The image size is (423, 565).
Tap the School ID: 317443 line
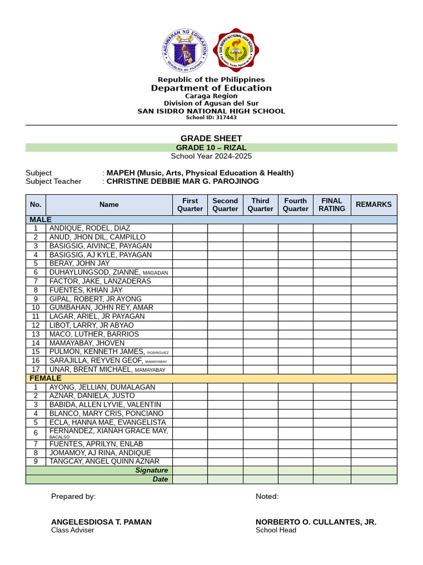point(211,118)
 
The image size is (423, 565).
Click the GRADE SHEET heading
point(211,138)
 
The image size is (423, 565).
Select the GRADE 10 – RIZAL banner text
point(211,147)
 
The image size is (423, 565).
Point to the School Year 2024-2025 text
point(211,156)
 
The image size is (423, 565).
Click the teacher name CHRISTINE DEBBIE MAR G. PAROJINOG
point(182,181)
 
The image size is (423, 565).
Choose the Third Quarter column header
point(260,205)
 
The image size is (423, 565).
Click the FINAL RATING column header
point(332,205)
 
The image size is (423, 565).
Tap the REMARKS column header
point(373,205)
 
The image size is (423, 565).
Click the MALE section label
point(41,220)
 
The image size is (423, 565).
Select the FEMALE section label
point(45,378)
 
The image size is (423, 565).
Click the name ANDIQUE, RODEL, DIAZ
point(90,228)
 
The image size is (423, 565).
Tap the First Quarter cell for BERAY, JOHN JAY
point(190,264)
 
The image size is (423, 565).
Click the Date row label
point(160,479)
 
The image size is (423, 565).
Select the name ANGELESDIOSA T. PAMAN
point(101,522)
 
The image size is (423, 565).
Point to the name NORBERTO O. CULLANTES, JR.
point(316,522)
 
